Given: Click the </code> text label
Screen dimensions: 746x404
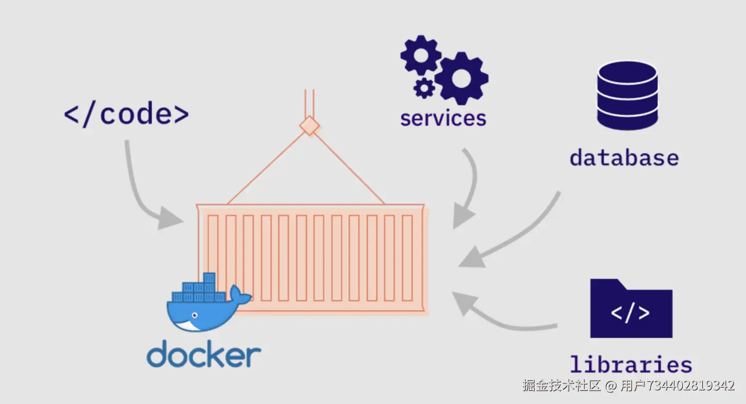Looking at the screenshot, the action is [x=126, y=114].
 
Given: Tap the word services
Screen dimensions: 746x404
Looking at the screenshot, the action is [x=443, y=118].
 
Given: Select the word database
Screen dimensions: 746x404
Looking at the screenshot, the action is [x=624, y=157].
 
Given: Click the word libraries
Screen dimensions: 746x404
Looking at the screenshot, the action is [x=631, y=364].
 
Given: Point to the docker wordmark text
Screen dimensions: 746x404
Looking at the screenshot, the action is [x=204, y=353].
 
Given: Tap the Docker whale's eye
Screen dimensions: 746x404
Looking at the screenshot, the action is [x=195, y=315].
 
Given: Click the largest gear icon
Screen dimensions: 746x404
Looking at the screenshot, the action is [x=461, y=78].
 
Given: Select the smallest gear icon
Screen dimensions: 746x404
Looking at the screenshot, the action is [x=424, y=88].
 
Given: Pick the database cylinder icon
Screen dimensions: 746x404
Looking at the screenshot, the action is [x=628, y=95].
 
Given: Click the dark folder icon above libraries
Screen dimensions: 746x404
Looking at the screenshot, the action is [x=631, y=308].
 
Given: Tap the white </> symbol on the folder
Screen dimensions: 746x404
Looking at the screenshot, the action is [x=630, y=313].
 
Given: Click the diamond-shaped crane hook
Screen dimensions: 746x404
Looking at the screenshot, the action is [x=309, y=126].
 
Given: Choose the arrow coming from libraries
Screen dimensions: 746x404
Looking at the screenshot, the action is [x=493, y=320].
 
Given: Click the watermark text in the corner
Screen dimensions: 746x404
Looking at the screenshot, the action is [x=629, y=386].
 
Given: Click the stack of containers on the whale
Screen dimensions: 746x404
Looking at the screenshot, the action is [x=199, y=288].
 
